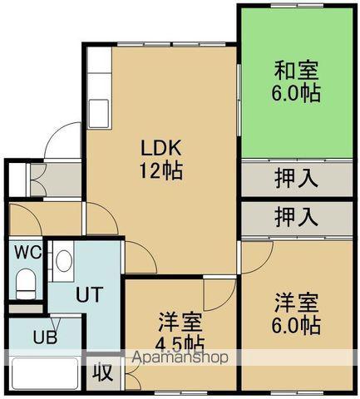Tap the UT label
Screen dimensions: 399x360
tap(88, 293)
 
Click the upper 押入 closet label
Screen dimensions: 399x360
tap(296, 177)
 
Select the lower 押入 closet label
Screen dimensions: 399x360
tap(296, 217)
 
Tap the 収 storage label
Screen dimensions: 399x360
tap(102, 372)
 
